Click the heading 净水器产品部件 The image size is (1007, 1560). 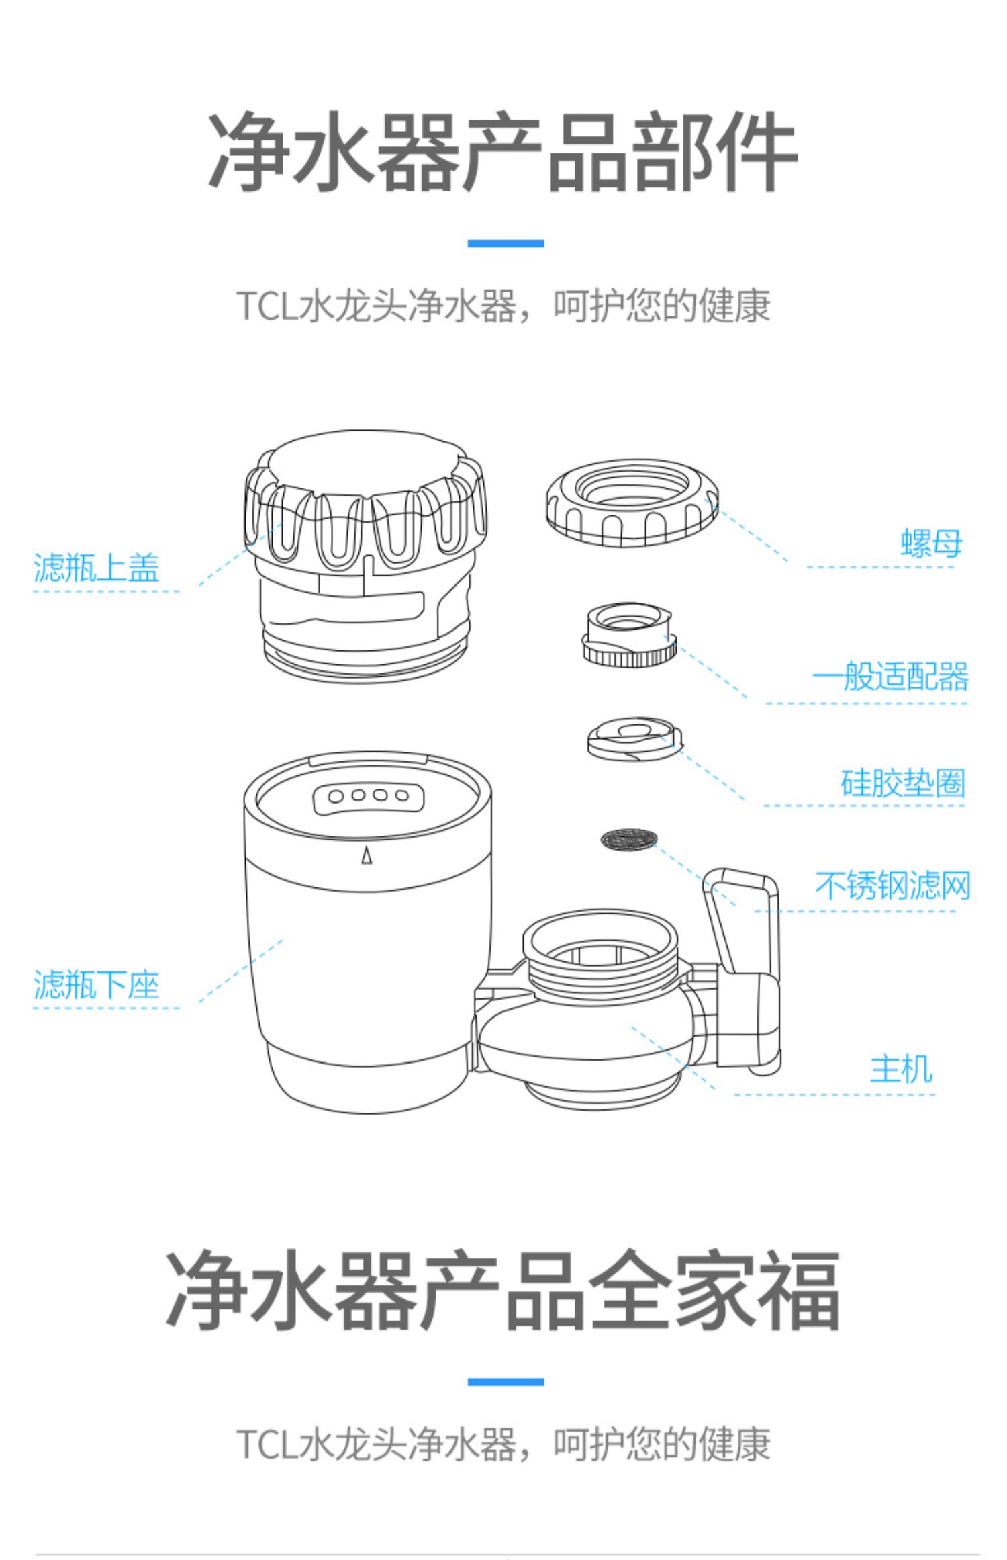tap(503, 153)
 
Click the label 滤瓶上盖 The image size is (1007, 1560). tap(96, 568)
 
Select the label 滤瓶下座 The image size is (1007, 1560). tap(96, 985)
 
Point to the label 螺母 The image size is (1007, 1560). tap(931, 543)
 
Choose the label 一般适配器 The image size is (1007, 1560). tap(890, 677)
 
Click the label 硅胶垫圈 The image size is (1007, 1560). tap(902, 783)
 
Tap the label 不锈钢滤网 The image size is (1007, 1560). tap(893, 885)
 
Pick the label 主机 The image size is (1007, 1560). tap(901, 1069)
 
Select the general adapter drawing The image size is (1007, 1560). tap(629, 634)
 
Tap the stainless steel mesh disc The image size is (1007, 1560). tap(628, 838)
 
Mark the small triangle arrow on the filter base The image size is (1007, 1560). tap(367, 856)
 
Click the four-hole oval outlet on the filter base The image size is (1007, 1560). tap(369, 797)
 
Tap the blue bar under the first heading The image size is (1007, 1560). tap(506, 243)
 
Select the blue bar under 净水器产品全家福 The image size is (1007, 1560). tap(506, 1382)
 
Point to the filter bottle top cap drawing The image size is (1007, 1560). tap(365, 551)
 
